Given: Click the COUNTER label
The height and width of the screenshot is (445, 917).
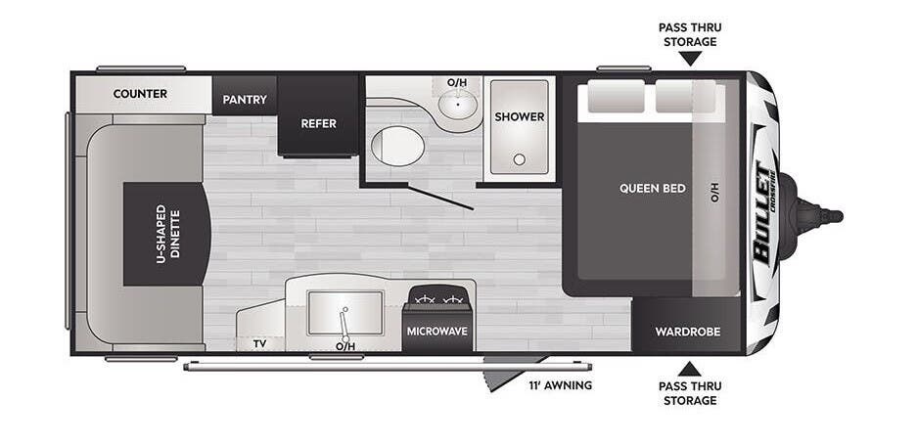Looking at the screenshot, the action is [x=140, y=94].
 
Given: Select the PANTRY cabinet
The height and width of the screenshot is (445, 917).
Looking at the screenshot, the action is [x=245, y=95].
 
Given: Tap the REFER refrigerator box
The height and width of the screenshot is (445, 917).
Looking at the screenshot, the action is [x=318, y=115].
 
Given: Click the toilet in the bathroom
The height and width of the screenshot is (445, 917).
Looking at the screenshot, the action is [x=397, y=146].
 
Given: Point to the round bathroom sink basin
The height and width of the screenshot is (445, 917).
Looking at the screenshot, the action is [x=457, y=105].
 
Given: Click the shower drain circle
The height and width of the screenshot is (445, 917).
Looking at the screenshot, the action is [x=519, y=159].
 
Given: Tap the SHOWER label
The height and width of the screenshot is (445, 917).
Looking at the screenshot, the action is [x=520, y=116].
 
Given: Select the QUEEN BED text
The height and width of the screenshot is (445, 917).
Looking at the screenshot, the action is [x=653, y=189].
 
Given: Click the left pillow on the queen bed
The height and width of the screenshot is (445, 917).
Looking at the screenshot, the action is [x=616, y=96].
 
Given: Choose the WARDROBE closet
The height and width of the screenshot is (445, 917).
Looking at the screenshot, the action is [x=687, y=326].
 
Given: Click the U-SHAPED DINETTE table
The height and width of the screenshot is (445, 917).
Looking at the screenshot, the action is [x=166, y=234].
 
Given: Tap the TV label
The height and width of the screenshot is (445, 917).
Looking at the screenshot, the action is [x=259, y=344].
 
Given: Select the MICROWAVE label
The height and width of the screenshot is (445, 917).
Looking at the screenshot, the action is [x=437, y=332].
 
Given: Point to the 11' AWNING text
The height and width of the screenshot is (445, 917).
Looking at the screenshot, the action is [x=560, y=385].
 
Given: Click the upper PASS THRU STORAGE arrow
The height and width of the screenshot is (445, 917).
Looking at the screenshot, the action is [x=690, y=59].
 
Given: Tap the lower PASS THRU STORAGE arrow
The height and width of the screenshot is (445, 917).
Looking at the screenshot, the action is [x=690, y=369].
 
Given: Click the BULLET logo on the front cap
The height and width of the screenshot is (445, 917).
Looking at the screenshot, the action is [x=763, y=213].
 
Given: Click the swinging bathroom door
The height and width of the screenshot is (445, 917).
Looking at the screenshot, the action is [x=440, y=198].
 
